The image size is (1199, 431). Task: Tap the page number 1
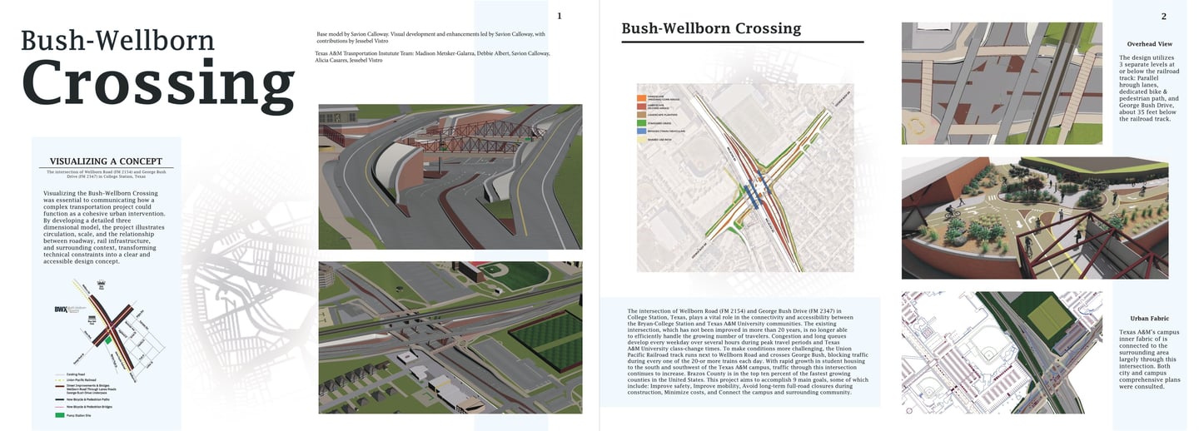559,16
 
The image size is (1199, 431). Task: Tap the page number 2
1163,17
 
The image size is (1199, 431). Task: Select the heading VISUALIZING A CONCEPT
106,161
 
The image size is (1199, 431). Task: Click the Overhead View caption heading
1149,43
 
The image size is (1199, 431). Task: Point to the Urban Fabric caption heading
1149,319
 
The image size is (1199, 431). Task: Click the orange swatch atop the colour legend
641,97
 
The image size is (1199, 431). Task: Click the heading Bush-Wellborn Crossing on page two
711,28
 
